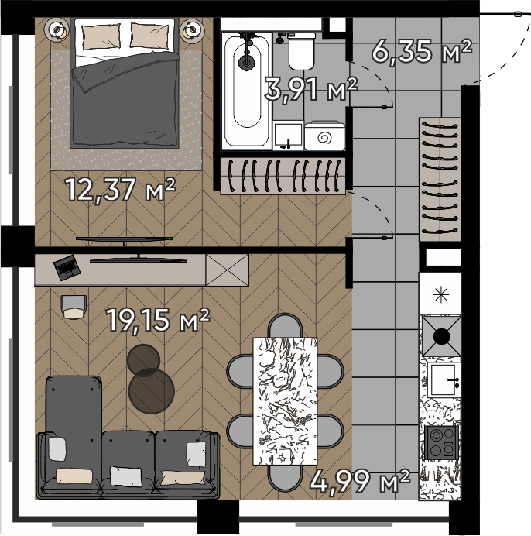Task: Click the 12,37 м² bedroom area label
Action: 120,190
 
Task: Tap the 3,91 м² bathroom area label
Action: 311,89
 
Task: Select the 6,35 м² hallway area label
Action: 422,51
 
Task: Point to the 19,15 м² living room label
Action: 158,320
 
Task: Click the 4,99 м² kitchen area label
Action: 360,481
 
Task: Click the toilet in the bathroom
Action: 301,51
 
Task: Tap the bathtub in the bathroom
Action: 247,91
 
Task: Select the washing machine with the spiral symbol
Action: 324,136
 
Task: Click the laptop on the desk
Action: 67,267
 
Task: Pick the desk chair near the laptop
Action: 74,307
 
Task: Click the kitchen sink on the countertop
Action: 443,380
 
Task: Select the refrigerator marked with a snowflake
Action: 440,294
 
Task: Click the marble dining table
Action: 285,401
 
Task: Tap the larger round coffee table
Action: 152,391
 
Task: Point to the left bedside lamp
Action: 57,30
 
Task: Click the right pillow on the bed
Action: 149,36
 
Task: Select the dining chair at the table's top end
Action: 285,325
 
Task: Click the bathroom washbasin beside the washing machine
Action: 288,136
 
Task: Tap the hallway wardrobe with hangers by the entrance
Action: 440,180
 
